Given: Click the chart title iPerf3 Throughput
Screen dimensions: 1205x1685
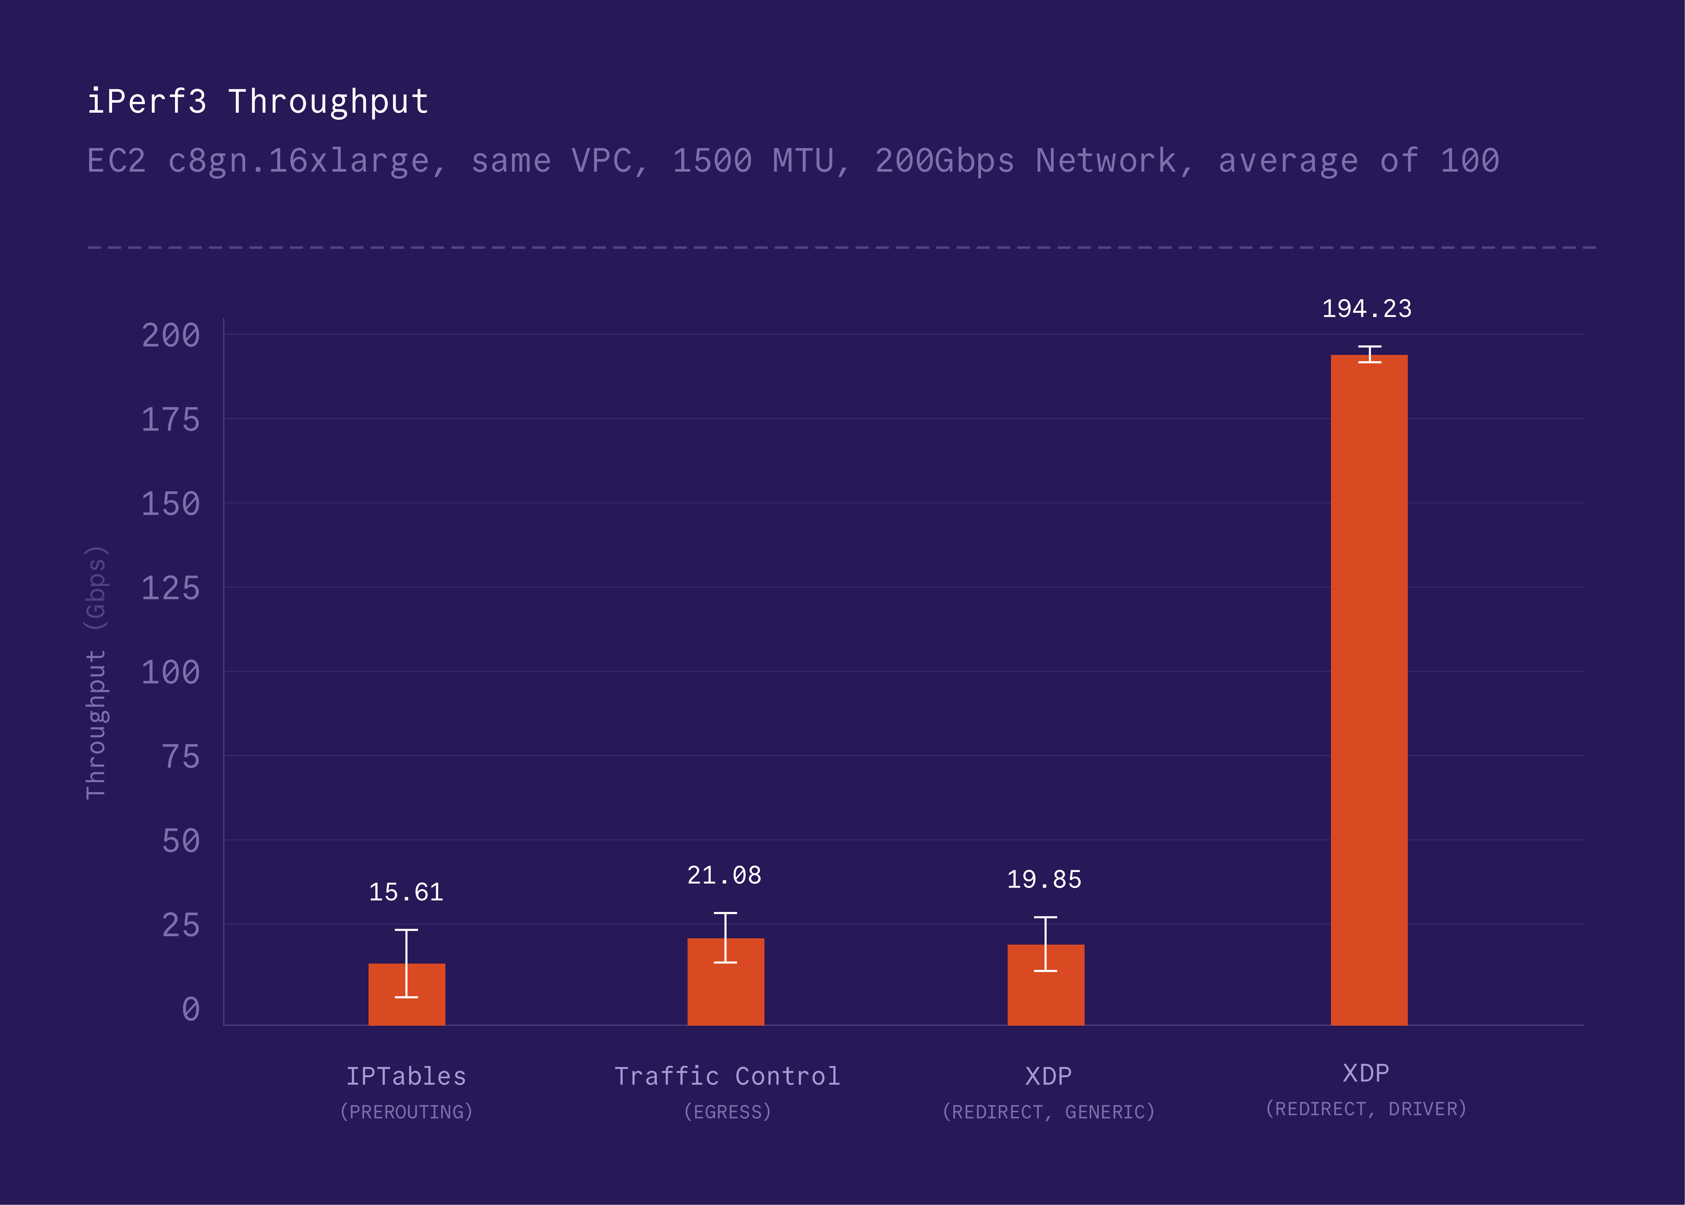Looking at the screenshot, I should click(257, 102).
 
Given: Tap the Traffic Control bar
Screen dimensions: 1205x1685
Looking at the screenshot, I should click(726, 982).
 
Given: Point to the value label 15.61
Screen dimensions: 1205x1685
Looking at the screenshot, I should click(406, 892).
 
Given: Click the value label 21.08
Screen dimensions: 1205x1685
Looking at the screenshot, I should click(724, 876).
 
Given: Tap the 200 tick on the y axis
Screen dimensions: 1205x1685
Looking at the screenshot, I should click(171, 335).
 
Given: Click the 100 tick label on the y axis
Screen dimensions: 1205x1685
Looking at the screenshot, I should click(171, 672).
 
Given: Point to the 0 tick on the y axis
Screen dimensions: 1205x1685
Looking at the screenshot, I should click(191, 1009).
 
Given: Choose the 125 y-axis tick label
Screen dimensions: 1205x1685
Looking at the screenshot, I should click(171, 588).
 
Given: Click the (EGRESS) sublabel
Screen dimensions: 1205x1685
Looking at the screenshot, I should click(727, 1112).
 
